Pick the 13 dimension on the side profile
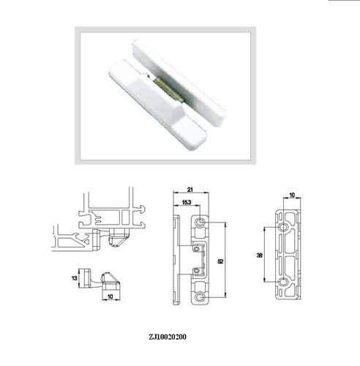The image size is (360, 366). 74,279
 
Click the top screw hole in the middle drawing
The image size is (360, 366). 198,220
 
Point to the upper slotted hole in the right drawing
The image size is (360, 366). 283,229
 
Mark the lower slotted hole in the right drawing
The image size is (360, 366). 283,283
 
